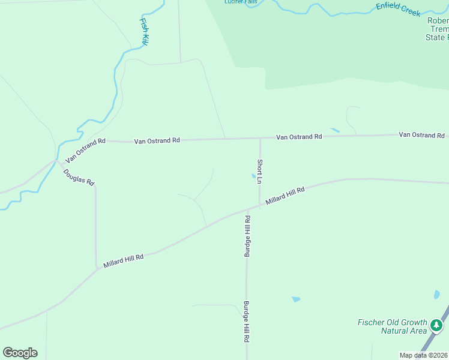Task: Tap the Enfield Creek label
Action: click(x=398, y=9)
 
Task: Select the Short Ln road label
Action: click(x=260, y=171)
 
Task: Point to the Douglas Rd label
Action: click(x=79, y=177)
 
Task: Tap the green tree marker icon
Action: click(x=436, y=326)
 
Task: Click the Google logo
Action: click(x=20, y=353)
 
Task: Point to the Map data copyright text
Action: click(x=424, y=355)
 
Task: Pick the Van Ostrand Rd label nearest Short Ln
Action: click(x=299, y=137)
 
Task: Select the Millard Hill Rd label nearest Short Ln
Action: click(x=285, y=197)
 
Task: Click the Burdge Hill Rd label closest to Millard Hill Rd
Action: click(x=247, y=237)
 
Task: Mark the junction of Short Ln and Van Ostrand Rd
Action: click(x=260, y=138)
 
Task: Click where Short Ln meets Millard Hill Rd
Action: click(x=260, y=206)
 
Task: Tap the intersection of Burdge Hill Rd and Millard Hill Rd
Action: click(x=247, y=211)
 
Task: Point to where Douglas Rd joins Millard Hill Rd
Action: click(x=97, y=269)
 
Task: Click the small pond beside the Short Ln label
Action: click(x=252, y=176)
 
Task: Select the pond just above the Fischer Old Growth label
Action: click(x=295, y=299)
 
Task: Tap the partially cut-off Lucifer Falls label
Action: click(x=241, y=2)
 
